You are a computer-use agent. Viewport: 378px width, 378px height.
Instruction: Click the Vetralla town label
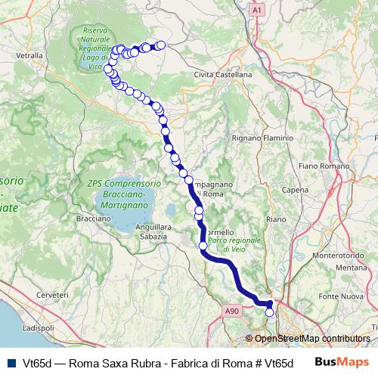tap(29, 55)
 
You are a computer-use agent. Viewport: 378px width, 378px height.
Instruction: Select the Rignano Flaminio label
tap(241, 138)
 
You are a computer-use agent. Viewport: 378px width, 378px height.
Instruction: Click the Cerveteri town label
tap(52, 293)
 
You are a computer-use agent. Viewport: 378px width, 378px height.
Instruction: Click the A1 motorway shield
tap(258, 10)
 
